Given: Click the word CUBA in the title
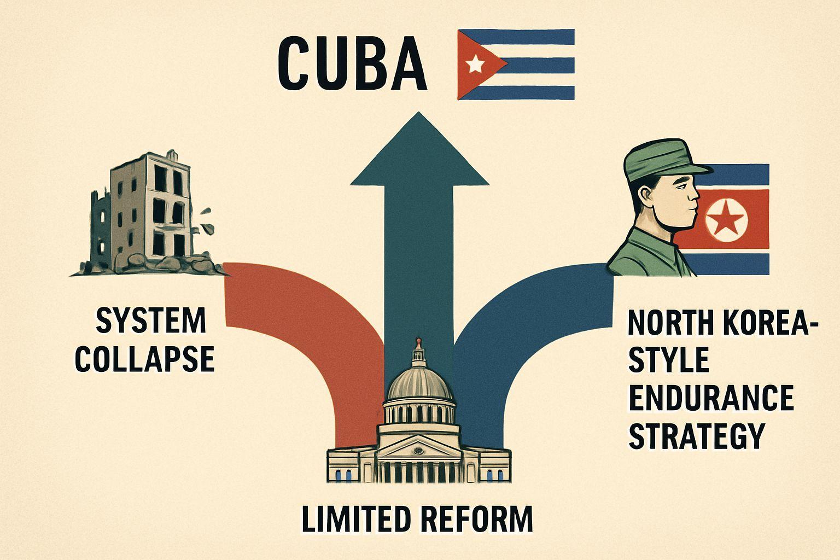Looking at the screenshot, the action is coord(352,63).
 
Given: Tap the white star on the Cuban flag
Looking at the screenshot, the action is coord(475,63).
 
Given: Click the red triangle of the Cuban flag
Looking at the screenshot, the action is coord(478,64).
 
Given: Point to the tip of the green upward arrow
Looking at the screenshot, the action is coord(418,112).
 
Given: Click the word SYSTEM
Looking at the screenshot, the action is coord(151,320).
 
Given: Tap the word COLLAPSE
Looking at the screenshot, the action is coord(145,359).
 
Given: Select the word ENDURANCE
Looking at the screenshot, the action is coord(711,398).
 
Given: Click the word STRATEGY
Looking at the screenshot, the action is coord(697,437).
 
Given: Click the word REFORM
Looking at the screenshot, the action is coord(476,520).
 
